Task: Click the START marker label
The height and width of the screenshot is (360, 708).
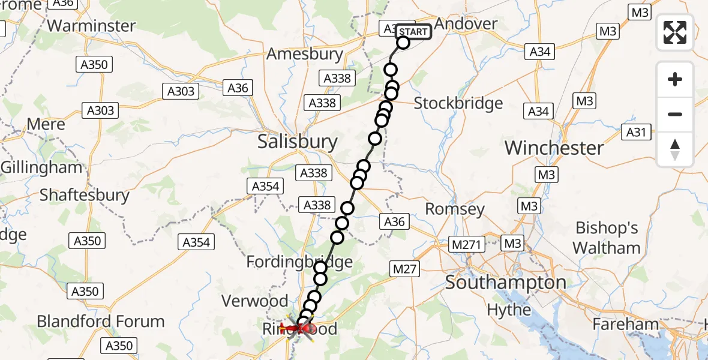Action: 413,32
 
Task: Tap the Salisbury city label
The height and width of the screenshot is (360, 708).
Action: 297,142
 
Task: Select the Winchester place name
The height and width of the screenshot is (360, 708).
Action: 554,148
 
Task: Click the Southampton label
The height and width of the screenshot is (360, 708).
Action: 505,282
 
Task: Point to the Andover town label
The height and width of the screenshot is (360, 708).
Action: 466,24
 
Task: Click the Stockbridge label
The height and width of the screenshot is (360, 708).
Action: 458,103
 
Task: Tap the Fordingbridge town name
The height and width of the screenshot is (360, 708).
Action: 299,262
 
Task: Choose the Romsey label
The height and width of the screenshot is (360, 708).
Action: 455,209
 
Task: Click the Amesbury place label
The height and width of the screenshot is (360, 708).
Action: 305,54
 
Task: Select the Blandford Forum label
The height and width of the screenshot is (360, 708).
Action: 101,321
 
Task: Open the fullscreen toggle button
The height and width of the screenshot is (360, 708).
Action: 675,32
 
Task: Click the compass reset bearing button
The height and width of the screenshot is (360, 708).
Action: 675,149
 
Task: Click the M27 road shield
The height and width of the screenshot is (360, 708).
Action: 404,269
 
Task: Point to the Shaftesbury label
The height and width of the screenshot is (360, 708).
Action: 85,195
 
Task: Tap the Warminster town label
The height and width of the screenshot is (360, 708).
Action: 91,26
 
